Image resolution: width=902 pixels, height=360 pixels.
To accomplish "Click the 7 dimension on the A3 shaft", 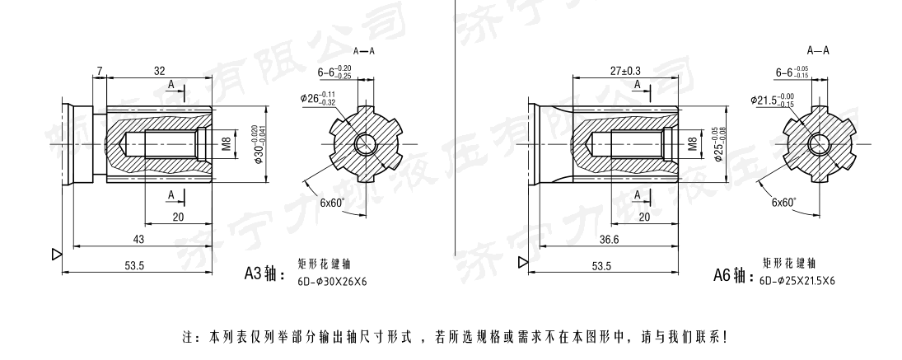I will tap(99, 72).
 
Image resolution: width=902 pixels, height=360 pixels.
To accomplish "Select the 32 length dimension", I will tap(159, 72).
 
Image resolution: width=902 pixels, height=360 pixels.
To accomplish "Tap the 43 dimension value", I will tap(138, 238).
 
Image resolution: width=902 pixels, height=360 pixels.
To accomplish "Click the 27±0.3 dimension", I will tap(625, 72).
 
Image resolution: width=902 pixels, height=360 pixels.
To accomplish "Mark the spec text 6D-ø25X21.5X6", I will tap(797, 281).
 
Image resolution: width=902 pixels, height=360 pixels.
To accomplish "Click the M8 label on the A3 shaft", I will tap(226, 144).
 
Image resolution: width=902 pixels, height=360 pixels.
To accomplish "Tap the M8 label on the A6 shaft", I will tap(693, 144).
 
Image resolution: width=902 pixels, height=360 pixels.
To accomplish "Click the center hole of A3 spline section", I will tap(365, 145).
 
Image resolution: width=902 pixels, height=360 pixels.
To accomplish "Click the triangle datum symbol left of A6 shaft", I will tap(522, 263).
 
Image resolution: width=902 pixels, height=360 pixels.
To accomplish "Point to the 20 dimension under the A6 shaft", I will tap(644, 216).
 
